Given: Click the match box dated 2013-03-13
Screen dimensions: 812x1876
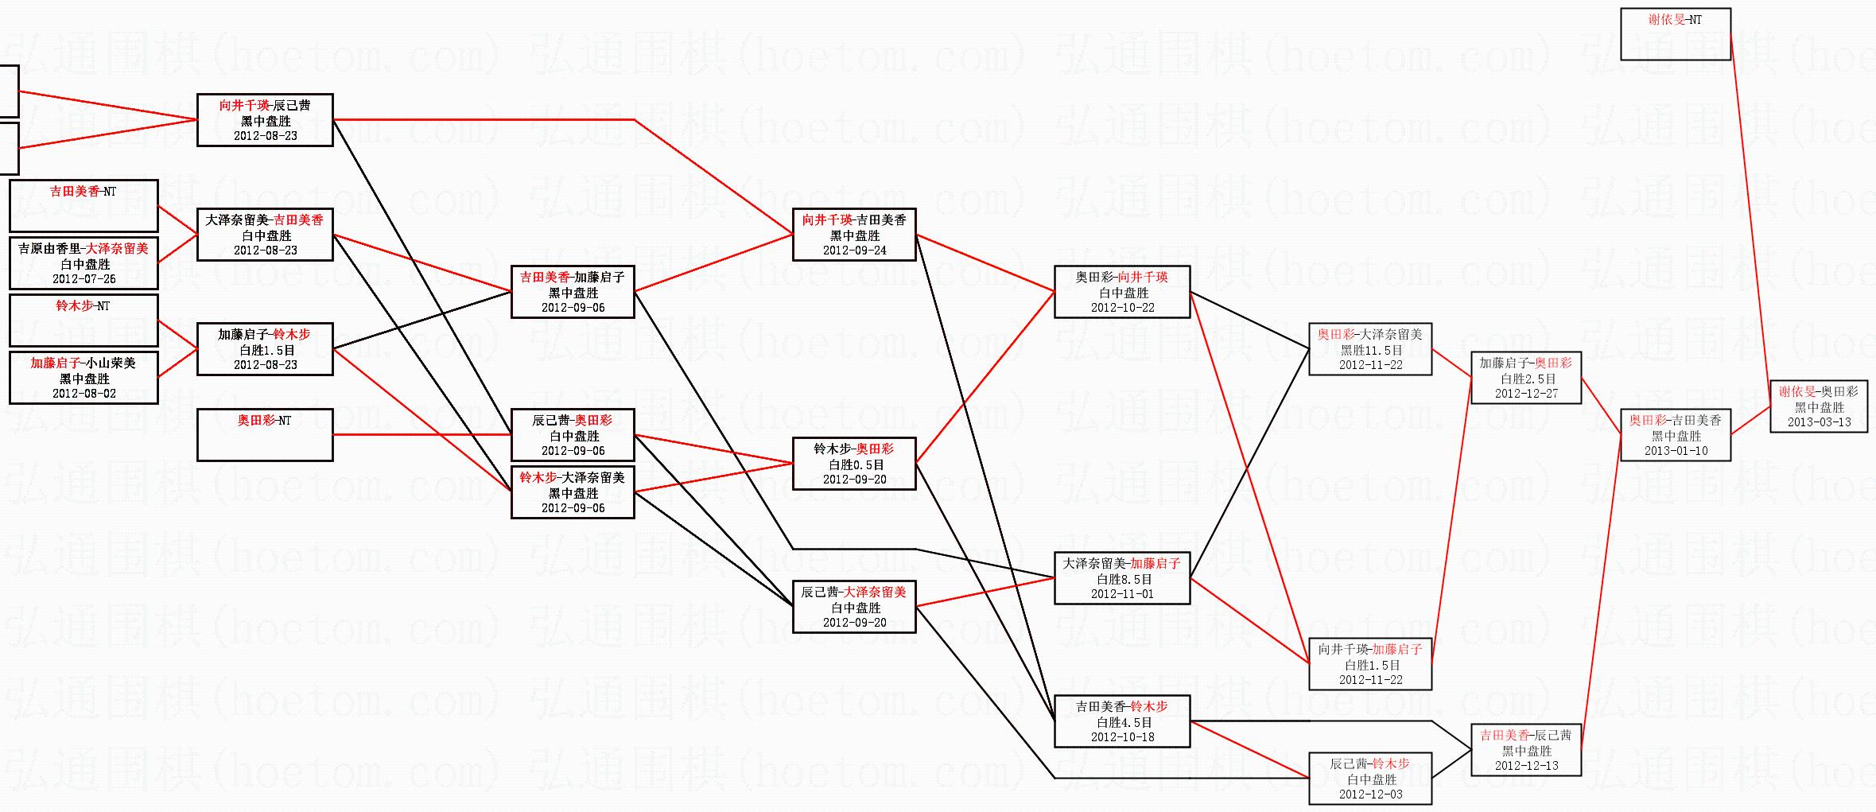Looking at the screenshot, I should click(1819, 406).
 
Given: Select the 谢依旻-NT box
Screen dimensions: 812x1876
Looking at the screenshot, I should click(1676, 34).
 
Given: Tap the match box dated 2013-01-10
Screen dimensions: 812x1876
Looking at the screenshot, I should click(1676, 435).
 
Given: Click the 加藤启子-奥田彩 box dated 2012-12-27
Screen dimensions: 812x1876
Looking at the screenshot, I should click(1526, 378).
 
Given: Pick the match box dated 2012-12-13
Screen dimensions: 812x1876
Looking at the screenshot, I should click(1526, 750).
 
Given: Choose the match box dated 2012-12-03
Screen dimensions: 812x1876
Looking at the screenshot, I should click(1370, 779).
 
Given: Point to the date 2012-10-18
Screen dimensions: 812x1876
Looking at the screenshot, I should click(1122, 737).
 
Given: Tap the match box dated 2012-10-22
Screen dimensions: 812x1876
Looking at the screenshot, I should click(1122, 292).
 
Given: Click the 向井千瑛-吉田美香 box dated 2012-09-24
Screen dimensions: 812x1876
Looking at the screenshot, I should click(854, 235).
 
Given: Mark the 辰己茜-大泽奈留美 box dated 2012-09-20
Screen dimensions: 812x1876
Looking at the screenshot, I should click(854, 607).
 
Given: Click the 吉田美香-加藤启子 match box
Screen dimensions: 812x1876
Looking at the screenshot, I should click(573, 292).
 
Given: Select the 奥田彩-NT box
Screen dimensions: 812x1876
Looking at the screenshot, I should click(265, 434).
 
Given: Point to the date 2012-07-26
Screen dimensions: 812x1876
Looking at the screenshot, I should click(84, 279).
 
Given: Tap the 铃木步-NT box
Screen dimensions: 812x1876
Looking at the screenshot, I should click(84, 321).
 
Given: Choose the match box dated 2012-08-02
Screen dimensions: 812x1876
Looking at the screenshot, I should click(84, 378).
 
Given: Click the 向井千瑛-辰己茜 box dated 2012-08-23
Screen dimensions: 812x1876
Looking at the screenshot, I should click(265, 120).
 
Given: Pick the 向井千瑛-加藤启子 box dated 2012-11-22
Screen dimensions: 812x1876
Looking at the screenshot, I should click(1370, 664).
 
